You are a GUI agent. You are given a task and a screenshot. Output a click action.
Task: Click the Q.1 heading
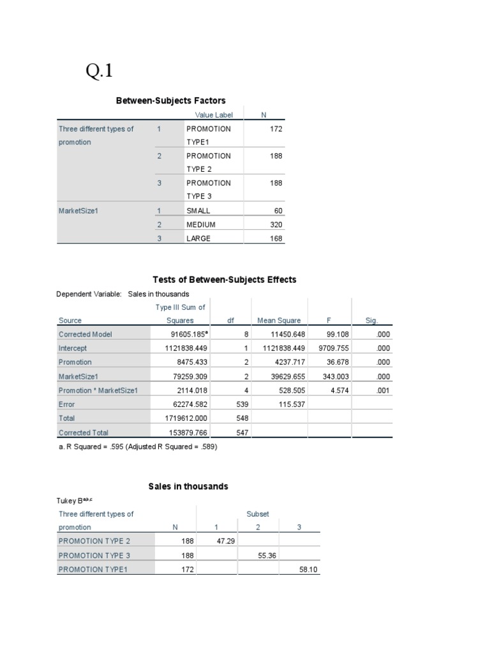point(100,72)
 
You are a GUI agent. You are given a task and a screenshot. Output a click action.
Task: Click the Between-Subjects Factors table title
point(170,100)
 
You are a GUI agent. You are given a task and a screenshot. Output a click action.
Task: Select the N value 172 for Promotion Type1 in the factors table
point(276,129)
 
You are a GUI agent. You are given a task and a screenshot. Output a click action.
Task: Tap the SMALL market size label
point(198,211)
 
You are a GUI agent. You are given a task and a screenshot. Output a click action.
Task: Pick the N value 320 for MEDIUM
point(276,225)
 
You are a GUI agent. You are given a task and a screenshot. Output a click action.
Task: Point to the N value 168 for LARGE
point(276,239)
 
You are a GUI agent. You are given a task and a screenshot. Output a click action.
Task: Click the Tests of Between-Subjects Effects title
point(225,280)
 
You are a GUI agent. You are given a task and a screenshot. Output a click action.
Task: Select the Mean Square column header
point(279,321)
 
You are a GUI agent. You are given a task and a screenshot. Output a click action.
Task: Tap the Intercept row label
point(73,349)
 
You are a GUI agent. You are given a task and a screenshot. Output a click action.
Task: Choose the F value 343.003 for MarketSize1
point(334,377)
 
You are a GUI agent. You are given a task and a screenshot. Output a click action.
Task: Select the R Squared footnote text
point(137,447)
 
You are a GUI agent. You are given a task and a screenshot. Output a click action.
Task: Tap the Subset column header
point(258,513)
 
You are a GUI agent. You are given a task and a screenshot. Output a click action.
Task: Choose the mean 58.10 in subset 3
point(308,569)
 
